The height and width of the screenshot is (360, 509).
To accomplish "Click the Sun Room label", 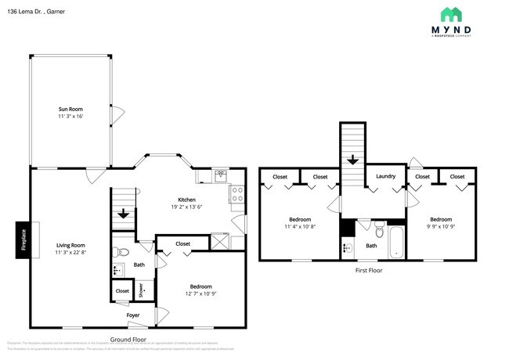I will (70, 109).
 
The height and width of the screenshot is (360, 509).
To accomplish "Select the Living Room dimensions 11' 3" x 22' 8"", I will (70, 253).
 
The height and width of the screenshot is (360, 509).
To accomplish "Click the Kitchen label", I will (186, 200).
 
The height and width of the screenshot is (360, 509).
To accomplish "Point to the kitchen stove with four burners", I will (236, 194).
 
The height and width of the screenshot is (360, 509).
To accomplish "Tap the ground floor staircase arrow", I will (123, 213).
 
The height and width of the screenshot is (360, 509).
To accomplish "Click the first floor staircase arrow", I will (352, 160).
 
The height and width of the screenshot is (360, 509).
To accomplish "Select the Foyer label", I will (134, 315).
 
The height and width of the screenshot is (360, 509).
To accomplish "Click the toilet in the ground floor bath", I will (119, 253).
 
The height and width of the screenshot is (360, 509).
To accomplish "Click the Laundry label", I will (385, 176).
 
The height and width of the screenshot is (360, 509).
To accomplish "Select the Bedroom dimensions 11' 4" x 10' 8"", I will (300, 227).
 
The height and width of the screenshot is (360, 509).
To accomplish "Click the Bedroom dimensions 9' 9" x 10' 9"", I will (441, 227).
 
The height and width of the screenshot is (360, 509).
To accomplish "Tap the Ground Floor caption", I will (128, 340).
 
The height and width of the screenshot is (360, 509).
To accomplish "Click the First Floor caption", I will (367, 271).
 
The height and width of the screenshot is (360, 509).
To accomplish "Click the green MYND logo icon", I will (450, 14).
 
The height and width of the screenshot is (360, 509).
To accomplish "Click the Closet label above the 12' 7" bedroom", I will (182, 244).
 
